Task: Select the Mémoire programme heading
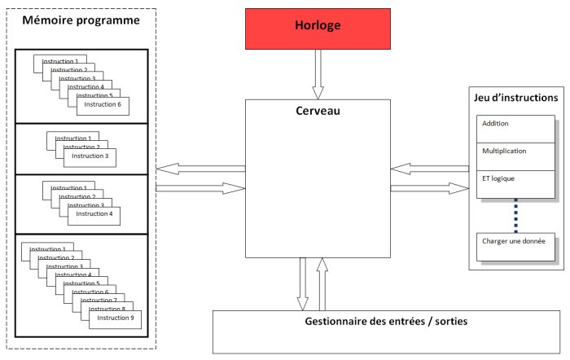(x=81, y=20)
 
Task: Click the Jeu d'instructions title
(x=516, y=97)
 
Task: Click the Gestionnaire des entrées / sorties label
(x=381, y=321)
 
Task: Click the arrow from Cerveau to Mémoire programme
(x=200, y=169)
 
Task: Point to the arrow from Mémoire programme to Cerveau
(x=200, y=188)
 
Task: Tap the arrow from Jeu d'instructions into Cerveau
(x=429, y=169)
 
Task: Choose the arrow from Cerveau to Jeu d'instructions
(x=429, y=188)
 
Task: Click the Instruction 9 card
(x=114, y=318)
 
